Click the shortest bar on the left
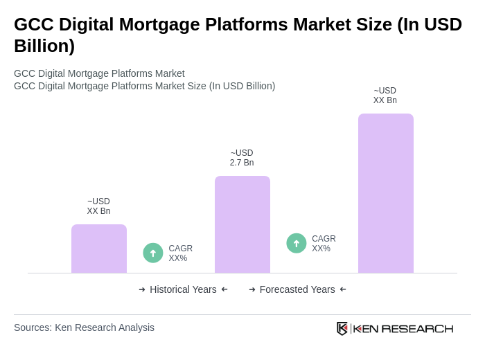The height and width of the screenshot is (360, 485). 99,249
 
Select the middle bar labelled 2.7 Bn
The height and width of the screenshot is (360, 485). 242,224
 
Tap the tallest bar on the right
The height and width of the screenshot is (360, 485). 385,193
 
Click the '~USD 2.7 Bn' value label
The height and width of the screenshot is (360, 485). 242,158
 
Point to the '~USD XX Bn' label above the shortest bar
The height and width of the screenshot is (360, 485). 98,206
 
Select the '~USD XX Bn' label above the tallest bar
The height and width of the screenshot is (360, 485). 385,96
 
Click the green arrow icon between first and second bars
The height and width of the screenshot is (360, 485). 153,253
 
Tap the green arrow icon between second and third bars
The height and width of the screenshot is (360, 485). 297,243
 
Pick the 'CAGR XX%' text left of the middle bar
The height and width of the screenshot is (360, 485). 180,253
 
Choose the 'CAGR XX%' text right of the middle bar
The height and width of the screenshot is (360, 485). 324,244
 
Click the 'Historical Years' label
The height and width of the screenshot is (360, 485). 183,289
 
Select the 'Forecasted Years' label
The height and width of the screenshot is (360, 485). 297,289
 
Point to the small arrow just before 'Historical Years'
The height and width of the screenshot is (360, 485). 142,289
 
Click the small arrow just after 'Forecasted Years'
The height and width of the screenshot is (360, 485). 343,289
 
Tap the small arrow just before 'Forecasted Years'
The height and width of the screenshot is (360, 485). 252,289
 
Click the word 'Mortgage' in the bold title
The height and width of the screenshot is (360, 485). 173,24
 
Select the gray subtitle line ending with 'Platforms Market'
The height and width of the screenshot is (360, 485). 99,73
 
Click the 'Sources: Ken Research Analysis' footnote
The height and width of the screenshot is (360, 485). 84,327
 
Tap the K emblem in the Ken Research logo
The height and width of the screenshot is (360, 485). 342,328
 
